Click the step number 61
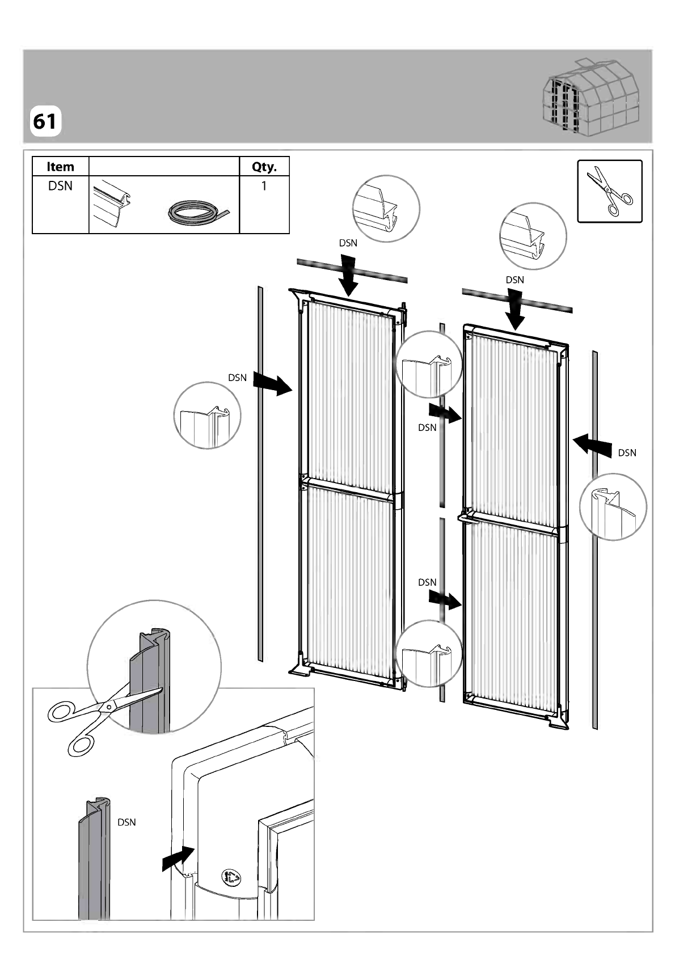44,122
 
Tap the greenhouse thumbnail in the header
592,98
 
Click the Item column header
60,167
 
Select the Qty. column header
264,167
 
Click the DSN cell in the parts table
60,186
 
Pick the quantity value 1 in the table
264,186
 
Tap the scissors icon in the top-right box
610,192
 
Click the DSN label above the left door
348,243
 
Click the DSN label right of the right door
627,453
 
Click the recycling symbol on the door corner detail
230,877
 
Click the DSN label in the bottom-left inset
126,822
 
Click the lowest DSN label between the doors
427,582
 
